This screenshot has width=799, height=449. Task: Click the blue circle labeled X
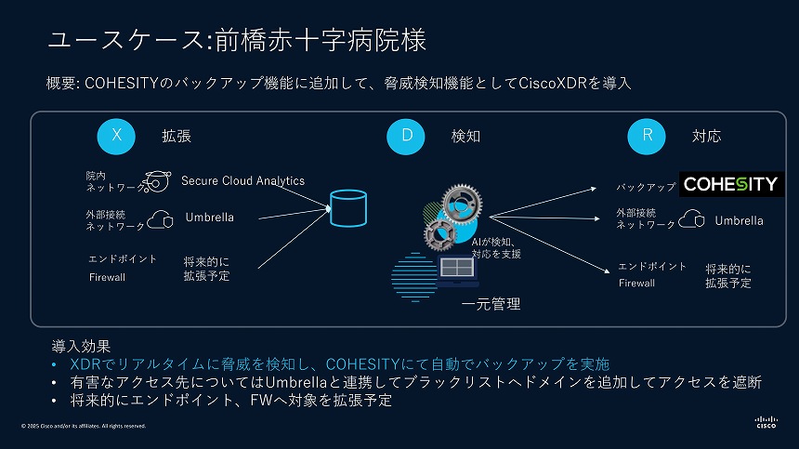[116, 136]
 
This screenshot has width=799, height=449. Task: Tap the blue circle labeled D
[406, 136]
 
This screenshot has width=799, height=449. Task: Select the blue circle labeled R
[648, 136]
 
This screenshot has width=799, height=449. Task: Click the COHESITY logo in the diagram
[730, 184]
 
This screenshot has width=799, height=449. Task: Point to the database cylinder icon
[348, 208]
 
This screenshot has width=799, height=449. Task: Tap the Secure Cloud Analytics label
[242, 180]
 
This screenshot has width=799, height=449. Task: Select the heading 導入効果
[81, 346]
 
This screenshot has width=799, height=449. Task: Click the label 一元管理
[491, 303]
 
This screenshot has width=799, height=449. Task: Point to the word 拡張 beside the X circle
[177, 136]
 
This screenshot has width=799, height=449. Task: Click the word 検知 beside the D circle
[465, 136]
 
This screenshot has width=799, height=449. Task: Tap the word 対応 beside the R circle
[706, 136]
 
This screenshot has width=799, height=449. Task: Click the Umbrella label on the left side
[209, 218]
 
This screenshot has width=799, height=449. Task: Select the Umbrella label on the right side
[739, 220]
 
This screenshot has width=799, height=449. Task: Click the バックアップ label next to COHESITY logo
[646, 187]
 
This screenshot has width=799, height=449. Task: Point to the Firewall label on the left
[107, 277]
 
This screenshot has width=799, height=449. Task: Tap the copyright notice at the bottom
[84, 426]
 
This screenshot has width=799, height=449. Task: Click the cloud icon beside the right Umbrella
[691, 219]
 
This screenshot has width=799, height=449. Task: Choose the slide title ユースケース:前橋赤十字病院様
[236, 41]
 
